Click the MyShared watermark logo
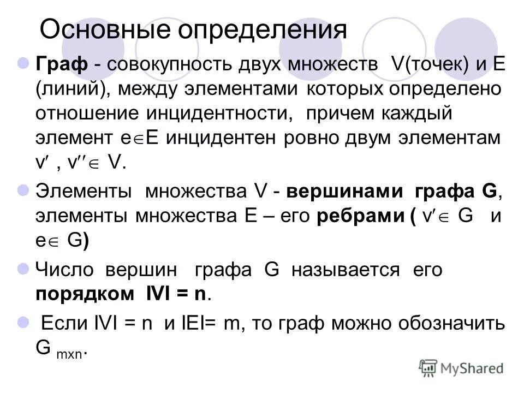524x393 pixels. tap(461, 368)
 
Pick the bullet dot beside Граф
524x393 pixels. tap(23, 63)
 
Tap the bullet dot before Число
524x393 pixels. tap(23, 270)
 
